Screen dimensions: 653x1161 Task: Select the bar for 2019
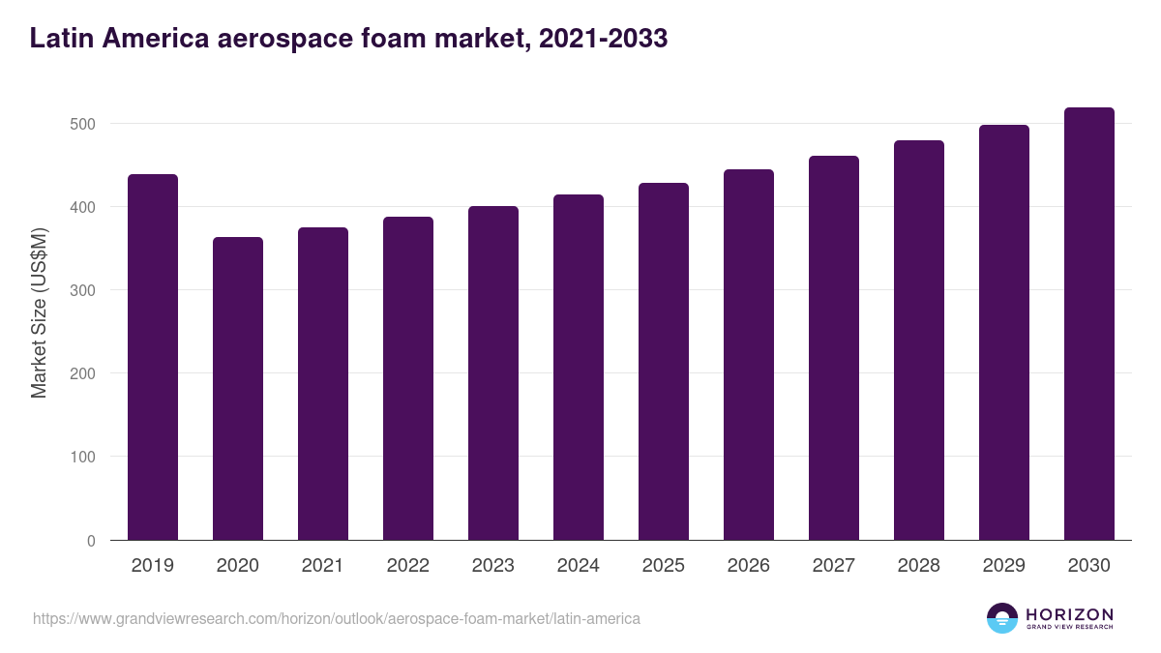pyautogui.click(x=153, y=357)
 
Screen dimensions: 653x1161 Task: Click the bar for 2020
pyautogui.click(x=238, y=388)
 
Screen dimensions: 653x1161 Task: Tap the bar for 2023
pyautogui.click(x=493, y=372)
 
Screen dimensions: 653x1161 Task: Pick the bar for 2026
pyautogui.click(x=749, y=354)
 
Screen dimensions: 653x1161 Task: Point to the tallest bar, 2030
pyautogui.click(x=1089, y=323)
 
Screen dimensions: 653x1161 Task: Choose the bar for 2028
pyautogui.click(x=919, y=340)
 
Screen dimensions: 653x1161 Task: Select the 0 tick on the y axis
pyautogui.click(x=92, y=541)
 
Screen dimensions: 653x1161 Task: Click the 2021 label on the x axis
pyautogui.click(x=323, y=566)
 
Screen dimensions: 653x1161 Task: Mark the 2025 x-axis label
pyautogui.click(x=664, y=566)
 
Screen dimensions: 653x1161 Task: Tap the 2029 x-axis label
pyautogui.click(x=1004, y=566)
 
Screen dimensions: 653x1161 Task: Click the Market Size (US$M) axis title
pyautogui.click(x=40, y=312)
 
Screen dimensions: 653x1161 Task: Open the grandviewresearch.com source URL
pyautogui.click(x=337, y=618)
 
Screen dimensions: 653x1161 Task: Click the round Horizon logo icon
pyautogui.click(x=1002, y=618)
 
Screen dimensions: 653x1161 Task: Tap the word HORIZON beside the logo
pyautogui.click(x=1069, y=614)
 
